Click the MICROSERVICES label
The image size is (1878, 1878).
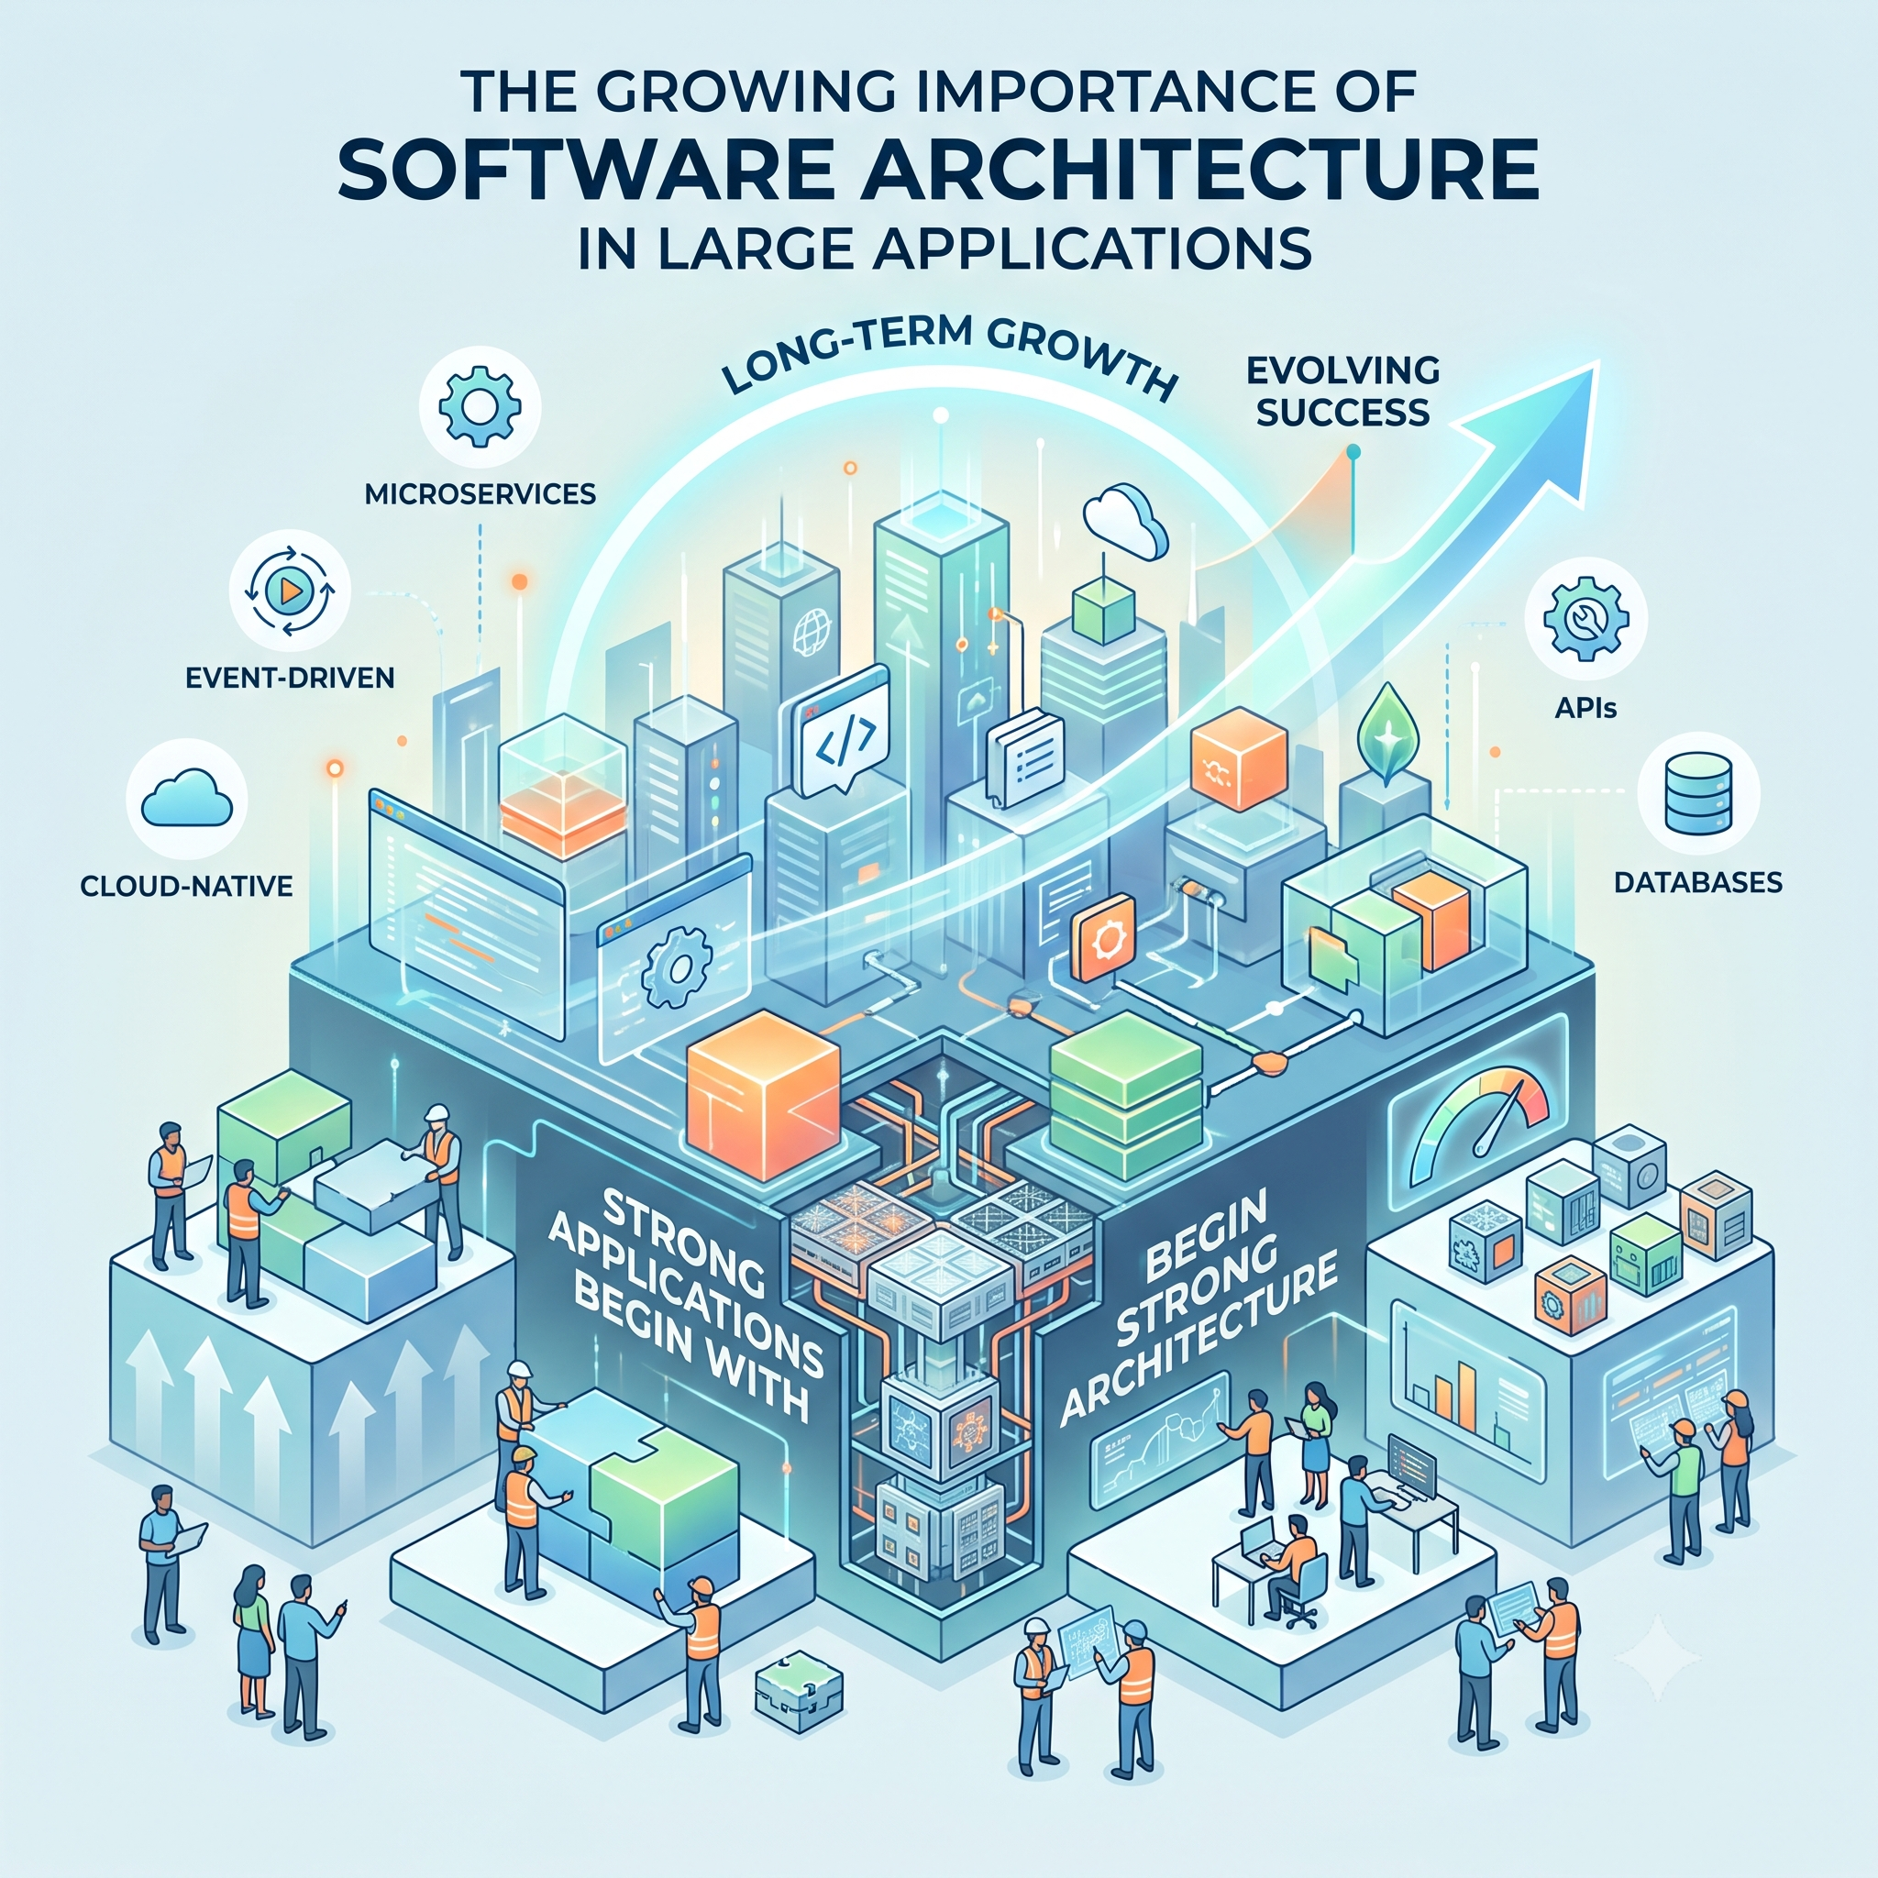coord(481,494)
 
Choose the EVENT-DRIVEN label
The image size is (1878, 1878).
coord(290,678)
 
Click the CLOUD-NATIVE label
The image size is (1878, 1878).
coord(187,886)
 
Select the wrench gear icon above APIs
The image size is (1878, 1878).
coord(1585,618)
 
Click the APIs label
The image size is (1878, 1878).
coord(1585,708)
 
